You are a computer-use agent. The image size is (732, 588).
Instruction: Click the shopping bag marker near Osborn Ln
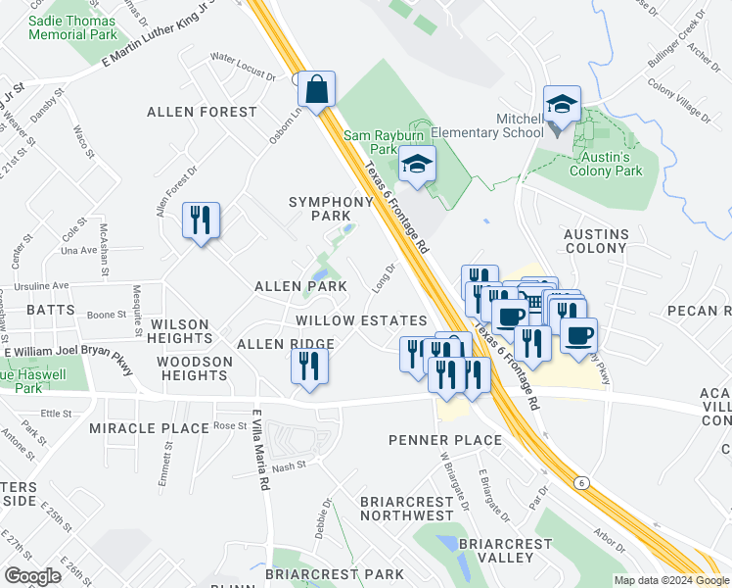[317, 90]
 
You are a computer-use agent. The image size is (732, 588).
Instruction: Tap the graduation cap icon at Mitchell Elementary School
[563, 105]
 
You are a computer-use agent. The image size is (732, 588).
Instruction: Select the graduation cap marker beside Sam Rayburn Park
[418, 165]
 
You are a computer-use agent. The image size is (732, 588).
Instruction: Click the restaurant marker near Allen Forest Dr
[201, 220]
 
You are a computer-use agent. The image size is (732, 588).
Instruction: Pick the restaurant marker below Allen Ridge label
[309, 367]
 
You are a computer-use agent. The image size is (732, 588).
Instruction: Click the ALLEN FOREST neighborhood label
[202, 112]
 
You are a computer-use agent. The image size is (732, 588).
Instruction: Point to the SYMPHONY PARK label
[331, 208]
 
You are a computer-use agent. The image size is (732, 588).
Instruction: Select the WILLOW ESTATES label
[362, 320]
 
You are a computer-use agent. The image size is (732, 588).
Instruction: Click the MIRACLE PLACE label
[149, 428]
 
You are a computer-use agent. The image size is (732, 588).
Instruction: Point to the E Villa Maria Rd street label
[261, 449]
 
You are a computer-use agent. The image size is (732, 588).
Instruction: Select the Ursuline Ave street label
[47, 286]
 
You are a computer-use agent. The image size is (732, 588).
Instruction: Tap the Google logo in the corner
[32, 576]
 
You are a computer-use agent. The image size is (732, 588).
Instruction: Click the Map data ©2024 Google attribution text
[671, 580]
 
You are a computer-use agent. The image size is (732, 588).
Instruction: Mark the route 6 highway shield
[581, 483]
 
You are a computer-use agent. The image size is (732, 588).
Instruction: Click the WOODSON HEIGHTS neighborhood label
[195, 368]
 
